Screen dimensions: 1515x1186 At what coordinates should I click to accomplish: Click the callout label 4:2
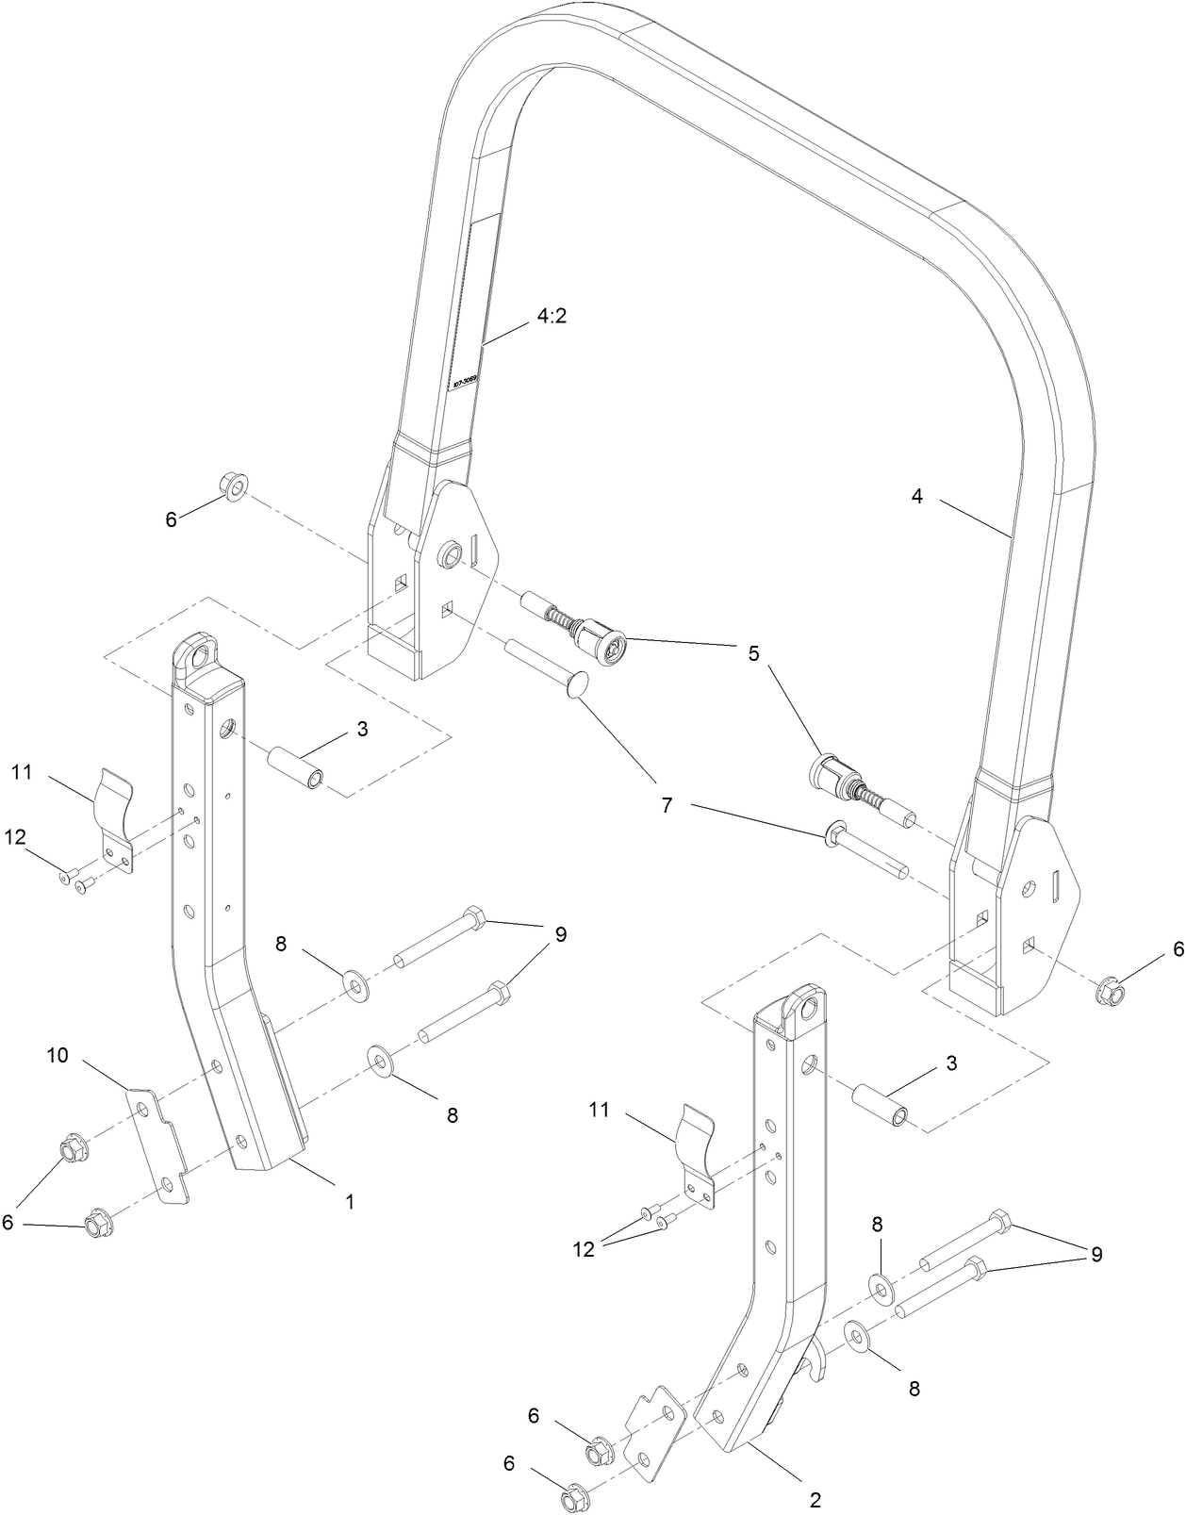pyautogui.click(x=552, y=317)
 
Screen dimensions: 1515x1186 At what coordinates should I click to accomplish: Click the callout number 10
pyautogui.click(x=58, y=1055)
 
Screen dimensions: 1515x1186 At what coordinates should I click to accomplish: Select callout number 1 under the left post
pyautogui.click(x=350, y=1202)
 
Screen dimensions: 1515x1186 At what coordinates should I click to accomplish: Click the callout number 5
pyautogui.click(x=753, y=653)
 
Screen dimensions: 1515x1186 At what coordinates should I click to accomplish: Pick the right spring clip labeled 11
pyautogui.click(x=699, y=1154)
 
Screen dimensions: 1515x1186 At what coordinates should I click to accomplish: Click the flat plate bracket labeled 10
pyautogui.click(x=158, y=1144)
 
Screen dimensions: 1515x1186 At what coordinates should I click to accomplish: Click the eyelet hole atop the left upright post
pyautogui.click(x=199, y=657)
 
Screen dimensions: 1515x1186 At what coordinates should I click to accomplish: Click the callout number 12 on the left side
pyautogui.click(x=15, y=836)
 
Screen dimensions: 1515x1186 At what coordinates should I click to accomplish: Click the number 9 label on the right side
pyautogui.click(x=1095, y=1255)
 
